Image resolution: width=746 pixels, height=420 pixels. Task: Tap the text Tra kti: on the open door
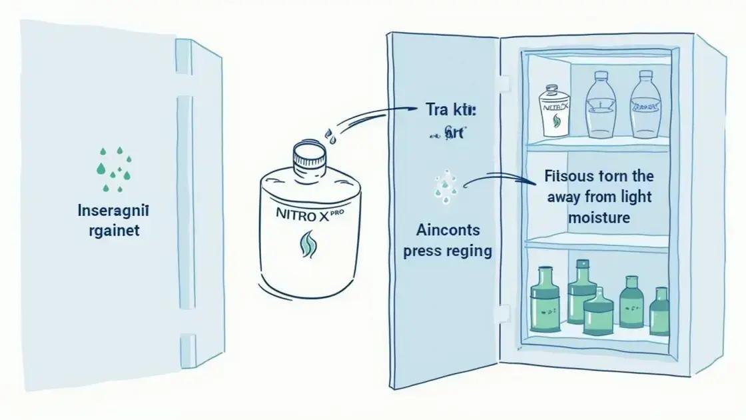445,111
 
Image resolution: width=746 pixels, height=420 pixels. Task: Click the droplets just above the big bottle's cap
330,137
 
